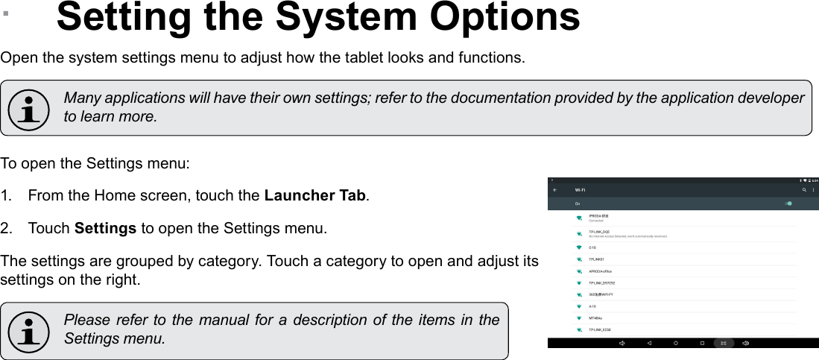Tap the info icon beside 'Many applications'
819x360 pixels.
[30, 108]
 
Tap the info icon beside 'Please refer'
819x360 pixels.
[30, 330]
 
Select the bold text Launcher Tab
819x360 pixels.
[315, 196]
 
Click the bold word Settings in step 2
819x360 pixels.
[106, 227]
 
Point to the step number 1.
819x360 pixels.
[6, 196]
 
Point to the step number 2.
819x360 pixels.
[6, 227]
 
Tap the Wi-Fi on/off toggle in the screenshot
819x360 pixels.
[788, 203]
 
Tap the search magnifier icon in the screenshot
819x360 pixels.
[804, 190]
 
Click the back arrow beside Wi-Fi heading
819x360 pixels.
[554, 190]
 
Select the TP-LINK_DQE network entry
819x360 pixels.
[600, 232]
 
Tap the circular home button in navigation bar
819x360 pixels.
[675, 343]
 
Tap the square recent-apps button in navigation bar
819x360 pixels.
[702, 343]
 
